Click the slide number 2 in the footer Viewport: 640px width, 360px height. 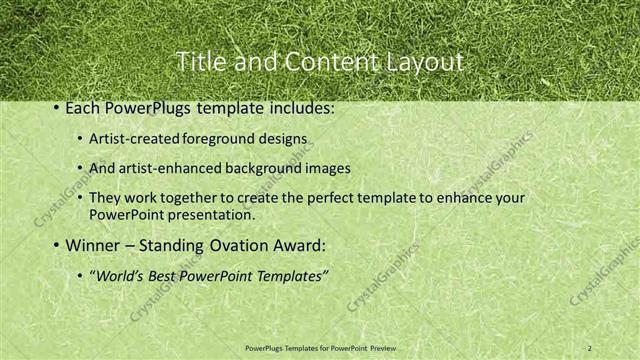coord(589,347)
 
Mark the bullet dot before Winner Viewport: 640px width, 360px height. coord(56,245)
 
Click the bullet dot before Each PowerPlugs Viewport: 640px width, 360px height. coord(56,108)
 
